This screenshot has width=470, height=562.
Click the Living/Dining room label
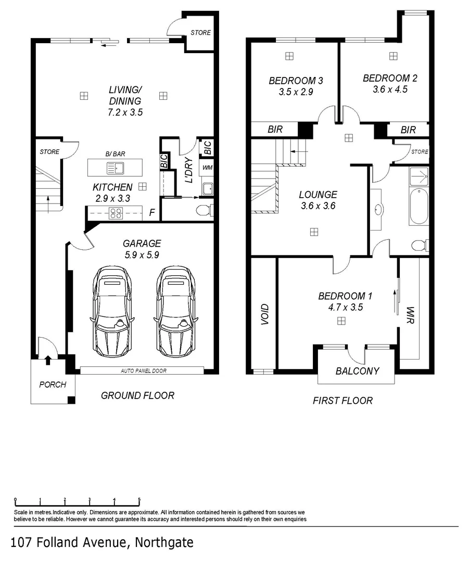(124, 95)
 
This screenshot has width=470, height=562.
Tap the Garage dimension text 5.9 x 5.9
(142, 255)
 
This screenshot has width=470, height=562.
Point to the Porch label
(53, 385)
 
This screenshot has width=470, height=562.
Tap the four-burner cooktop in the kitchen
(116, 212)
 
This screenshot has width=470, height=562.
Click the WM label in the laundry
(207, 168)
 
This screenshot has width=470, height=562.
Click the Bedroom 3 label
(296, 81)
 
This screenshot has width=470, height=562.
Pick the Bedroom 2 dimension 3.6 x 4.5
(390, 89)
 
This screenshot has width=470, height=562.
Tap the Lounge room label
(317, 195)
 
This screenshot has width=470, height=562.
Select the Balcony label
(357, 371)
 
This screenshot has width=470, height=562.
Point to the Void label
(264, 314)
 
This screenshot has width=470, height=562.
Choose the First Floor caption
(342, 400)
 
